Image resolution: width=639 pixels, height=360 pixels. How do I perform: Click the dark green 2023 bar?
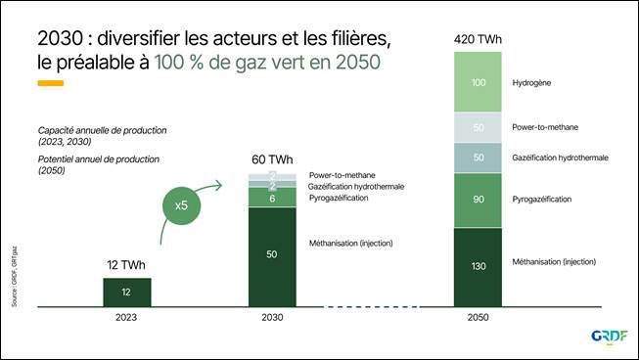127,292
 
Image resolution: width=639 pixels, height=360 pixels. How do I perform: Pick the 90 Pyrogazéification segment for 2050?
478,200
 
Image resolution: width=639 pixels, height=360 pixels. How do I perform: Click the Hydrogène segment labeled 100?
478,82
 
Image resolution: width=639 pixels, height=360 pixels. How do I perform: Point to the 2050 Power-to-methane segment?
478,128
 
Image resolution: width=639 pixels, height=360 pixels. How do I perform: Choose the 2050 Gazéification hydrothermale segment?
478,157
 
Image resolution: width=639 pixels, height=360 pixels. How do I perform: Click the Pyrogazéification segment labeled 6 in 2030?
272,198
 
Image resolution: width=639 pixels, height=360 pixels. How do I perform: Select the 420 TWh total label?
478,39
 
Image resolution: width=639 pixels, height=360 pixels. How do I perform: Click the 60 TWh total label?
272,159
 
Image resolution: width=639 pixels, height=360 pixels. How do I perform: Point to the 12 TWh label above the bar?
127,265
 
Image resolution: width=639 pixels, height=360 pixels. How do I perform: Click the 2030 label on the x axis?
272,319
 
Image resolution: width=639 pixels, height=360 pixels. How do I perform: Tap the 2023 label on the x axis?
127,319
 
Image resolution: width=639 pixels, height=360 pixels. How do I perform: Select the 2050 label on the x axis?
478,319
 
